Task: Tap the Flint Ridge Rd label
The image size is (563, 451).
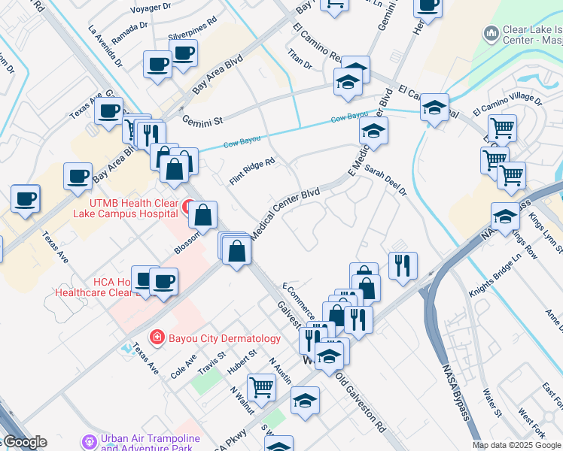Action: pyautogui.click(x=253, y=171)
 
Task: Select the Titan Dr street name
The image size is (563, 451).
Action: pyautogui.click(x=300, y=59)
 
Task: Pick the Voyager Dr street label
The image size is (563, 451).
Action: pyautogui.click(x=152, y=8)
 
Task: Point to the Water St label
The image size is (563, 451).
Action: pyautogui.click(x=493, y=401)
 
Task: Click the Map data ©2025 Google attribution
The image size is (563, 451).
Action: pyautogui.click(x=516, y=445)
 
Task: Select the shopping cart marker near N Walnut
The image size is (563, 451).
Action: pyautogui.click(x=260, y=388)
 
